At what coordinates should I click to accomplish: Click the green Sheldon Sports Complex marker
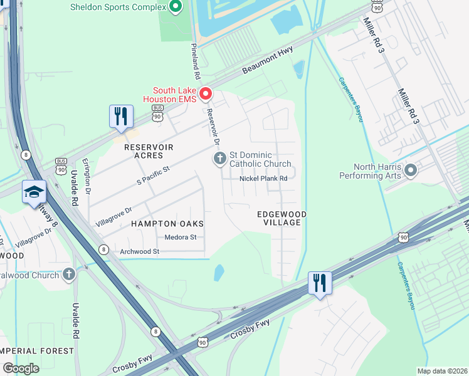[175, 7]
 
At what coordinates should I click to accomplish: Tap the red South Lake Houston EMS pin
[206, 94]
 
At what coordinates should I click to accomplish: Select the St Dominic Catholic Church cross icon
[219, 159]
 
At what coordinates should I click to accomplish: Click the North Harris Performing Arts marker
[411, 170]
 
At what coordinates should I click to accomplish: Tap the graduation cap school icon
[34, 192]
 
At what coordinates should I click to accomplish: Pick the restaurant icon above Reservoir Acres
[120, 116]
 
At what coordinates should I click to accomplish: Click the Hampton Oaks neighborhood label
[159, 223]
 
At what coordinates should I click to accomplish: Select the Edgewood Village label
[282, 218]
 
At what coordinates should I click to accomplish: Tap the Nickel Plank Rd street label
[263, 179]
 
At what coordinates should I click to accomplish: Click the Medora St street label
[181, 238]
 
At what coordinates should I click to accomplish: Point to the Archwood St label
[140, 251]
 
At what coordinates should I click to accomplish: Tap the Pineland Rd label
[196, 61]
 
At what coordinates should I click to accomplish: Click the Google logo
[21, 368]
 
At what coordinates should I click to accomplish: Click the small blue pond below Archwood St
[219, 273]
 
